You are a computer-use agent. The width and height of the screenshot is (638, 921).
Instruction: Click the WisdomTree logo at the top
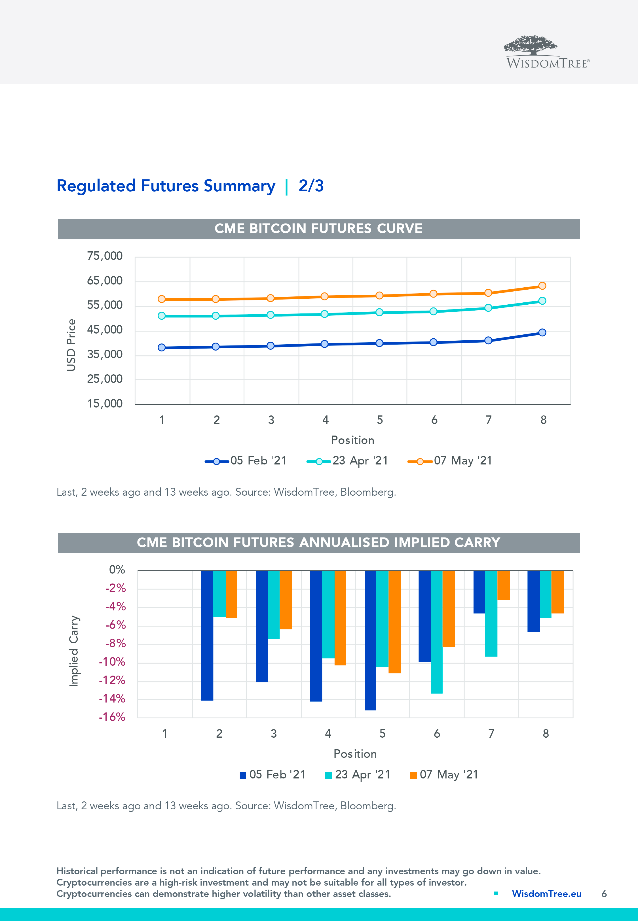point(546,52)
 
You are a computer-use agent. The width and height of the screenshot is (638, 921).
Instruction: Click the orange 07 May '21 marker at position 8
point(542,286)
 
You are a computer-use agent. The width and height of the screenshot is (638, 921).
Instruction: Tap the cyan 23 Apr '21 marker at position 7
point(488,308)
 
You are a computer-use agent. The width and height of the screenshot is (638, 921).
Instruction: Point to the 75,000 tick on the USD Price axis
point(105,256)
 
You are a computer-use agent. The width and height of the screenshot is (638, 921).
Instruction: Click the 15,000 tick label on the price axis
point(105,404)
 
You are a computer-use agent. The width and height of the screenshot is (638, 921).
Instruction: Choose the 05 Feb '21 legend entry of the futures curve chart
point(246,461)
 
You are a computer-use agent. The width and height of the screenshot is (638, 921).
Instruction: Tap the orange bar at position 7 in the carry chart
point(503,585)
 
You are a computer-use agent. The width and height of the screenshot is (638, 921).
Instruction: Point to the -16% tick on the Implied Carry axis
point(112,717)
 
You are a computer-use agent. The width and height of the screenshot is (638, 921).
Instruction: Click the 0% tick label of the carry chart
point(117,570)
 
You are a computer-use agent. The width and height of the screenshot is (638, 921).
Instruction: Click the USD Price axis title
point(71,345)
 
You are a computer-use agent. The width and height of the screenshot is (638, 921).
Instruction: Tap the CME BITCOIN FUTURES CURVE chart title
point(319,229)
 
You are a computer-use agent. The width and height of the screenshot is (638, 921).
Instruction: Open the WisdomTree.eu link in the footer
point(546,894)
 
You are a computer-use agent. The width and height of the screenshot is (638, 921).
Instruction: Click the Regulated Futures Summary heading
point(166,186)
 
